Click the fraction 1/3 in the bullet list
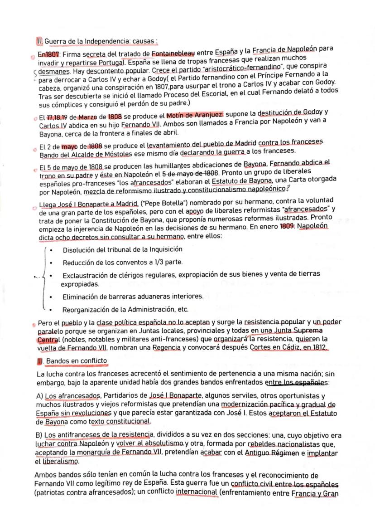[160, 262]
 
